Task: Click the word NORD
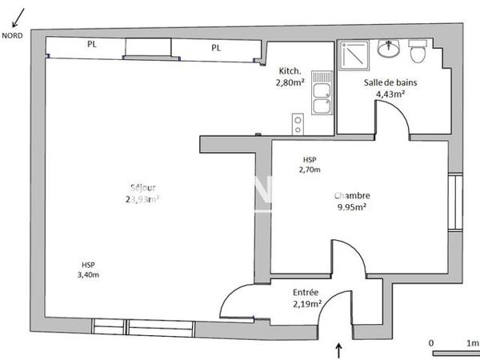point(12,35)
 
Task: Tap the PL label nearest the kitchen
point(216,48)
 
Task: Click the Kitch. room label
point(290,70)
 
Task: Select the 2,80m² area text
point(290,82)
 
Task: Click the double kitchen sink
point(322,94)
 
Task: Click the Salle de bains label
point(390,82)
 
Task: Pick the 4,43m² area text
point(390,93)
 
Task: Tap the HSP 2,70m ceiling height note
point(310,164)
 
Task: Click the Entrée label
point(306,293)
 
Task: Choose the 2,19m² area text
point(306,304)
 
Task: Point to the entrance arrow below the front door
point(338,349)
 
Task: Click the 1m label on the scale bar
point(471,342)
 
